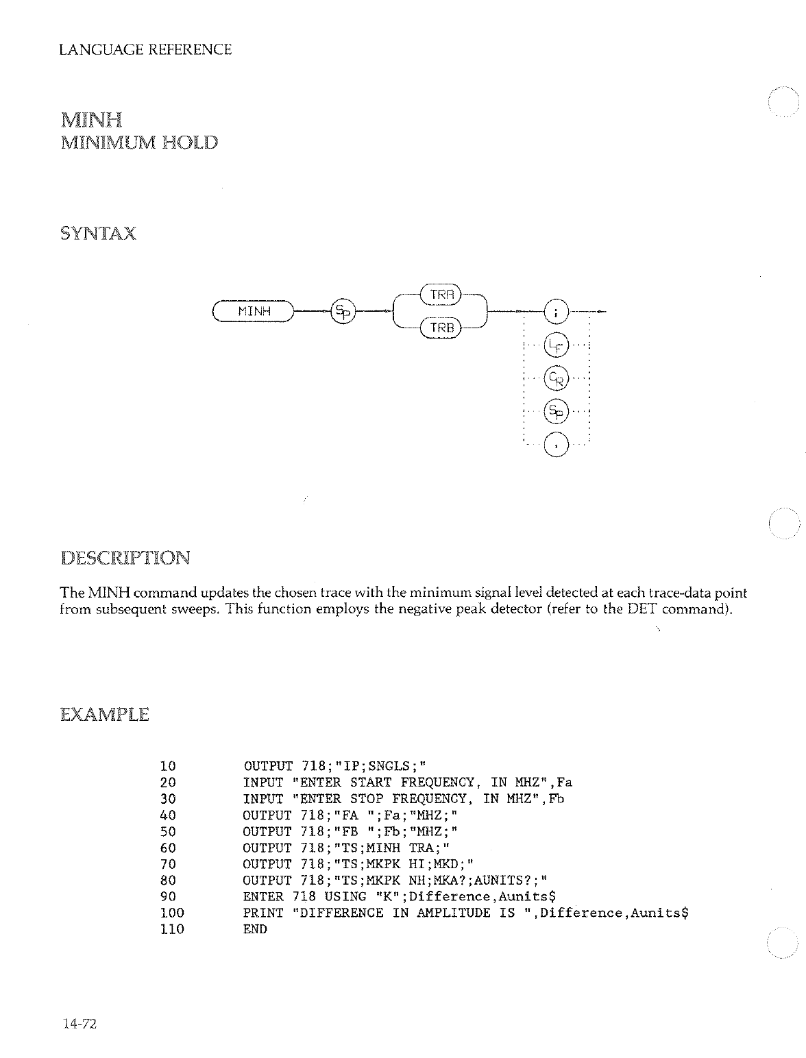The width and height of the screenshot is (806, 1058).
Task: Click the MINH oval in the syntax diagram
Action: coord(254,312)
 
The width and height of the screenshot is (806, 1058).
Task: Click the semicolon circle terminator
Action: coord(555,312)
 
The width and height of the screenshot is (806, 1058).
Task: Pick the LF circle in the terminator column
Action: coord(555,345)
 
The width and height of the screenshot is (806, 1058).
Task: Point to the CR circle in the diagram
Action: coord(555,378)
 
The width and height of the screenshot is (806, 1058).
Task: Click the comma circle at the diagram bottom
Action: coord(555,445)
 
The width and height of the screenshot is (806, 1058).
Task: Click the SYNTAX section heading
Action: coord(98,234)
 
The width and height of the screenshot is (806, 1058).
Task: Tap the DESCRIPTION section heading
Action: coord(125,557)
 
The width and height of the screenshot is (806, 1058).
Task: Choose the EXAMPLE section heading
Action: coord(104,715)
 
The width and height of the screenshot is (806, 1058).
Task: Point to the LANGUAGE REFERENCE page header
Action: coord(145,49)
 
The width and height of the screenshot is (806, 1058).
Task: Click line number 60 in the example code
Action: coord(168,848)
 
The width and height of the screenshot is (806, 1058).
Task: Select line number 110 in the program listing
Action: coord(172,930)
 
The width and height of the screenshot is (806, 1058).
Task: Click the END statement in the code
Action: coord(255,930)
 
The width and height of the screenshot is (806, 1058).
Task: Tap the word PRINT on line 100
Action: coord(263,913)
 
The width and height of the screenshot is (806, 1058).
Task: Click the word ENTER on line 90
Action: coord(263,897)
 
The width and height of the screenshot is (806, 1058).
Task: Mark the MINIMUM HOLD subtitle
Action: coord(139,143)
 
